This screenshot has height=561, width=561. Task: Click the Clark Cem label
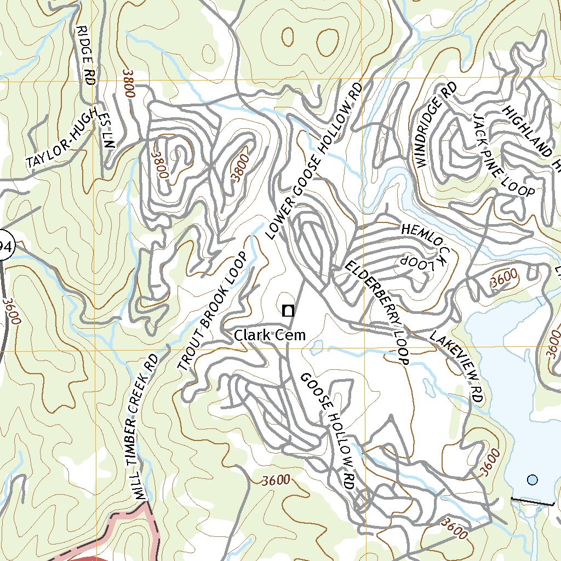click(x=270, y=335)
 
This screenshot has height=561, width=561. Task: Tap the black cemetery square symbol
click(x=288, y=311)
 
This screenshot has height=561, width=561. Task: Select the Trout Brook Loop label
click(x=212, y=312)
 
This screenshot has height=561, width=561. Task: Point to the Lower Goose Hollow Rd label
click(x=314, y=162)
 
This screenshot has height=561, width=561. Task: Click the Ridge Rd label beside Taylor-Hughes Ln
click(x=87, y=55)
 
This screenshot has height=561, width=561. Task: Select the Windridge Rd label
click(x=436, y=125)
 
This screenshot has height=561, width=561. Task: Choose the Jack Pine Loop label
click(x=504, y=156)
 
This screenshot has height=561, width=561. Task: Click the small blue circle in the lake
click(x=532, y=480)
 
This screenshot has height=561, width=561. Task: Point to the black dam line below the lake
click(x=531, y=501)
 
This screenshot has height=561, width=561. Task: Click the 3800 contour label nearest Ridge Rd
click(x=129, y=84)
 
